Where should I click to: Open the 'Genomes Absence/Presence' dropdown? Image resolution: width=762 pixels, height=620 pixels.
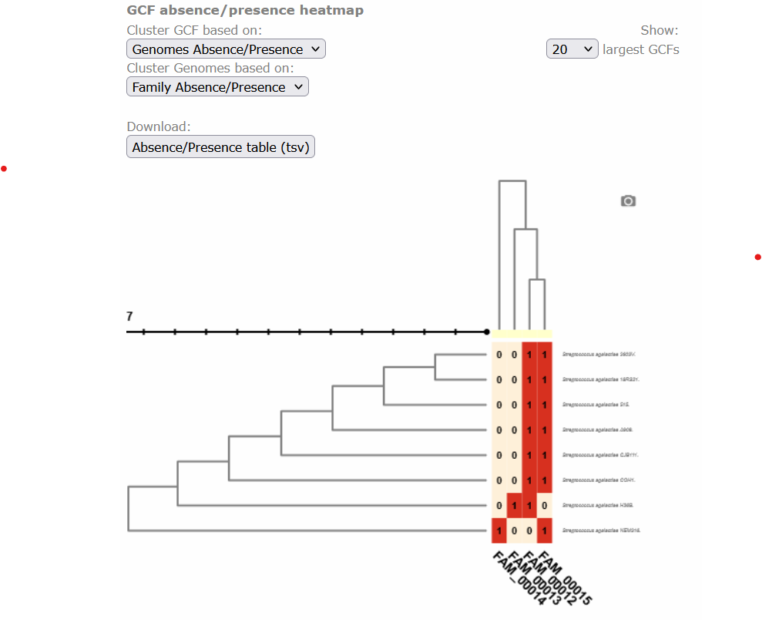pyautogui.click(x=226, y=49)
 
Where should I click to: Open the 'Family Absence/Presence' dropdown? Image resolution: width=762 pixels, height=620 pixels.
pyautogui.click(x=217, y=87)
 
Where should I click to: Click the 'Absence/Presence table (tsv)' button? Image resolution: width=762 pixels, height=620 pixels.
pyautogui.click(x=220, y=147)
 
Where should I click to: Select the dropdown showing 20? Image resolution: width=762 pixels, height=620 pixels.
pyautogui.click(x=572, y=49)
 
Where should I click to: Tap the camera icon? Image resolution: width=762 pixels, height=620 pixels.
pyautogui.click(x=628, y=201)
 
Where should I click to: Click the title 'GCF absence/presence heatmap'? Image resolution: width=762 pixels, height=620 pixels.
pyautogui.click(x=245, y=11)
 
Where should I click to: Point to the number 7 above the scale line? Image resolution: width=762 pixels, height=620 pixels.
pyautogui.click(x=129, y=316)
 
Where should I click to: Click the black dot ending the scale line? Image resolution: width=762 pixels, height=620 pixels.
pyautogui.click(x=487, y=332)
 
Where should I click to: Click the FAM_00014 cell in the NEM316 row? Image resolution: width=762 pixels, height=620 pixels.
pyautogui.click(x=499, y=531)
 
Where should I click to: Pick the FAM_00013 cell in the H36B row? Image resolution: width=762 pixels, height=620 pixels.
pyautogui.click(x=514, y=506)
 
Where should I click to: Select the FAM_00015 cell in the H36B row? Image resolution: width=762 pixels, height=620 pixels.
pyautogui.click(x=545, y=506)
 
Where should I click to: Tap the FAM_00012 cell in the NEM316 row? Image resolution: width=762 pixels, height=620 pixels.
pyautogui.click(x=529, y=531)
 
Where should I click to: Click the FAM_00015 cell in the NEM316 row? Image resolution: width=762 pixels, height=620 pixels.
pyautogui.click(x=545, y=531)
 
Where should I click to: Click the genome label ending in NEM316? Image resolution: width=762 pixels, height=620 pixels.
pyautogui.click(x=601, y=531)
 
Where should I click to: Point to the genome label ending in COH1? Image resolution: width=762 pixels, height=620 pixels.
pyautogui.click(x=599, y=480)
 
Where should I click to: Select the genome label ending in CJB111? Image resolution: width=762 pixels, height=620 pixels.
pyautogui.click(x=600, y=455)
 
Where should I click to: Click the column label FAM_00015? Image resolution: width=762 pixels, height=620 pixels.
pyautogui.click(x=566, y=578)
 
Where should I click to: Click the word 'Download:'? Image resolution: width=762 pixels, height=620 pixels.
pyautogui.click(x=159, y=126)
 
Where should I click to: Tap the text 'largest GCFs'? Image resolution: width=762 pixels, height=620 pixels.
pyautogui.click(x=641, y=49)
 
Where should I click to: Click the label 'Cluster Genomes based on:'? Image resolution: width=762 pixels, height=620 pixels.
pyautogui.click(x=210, y=68)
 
